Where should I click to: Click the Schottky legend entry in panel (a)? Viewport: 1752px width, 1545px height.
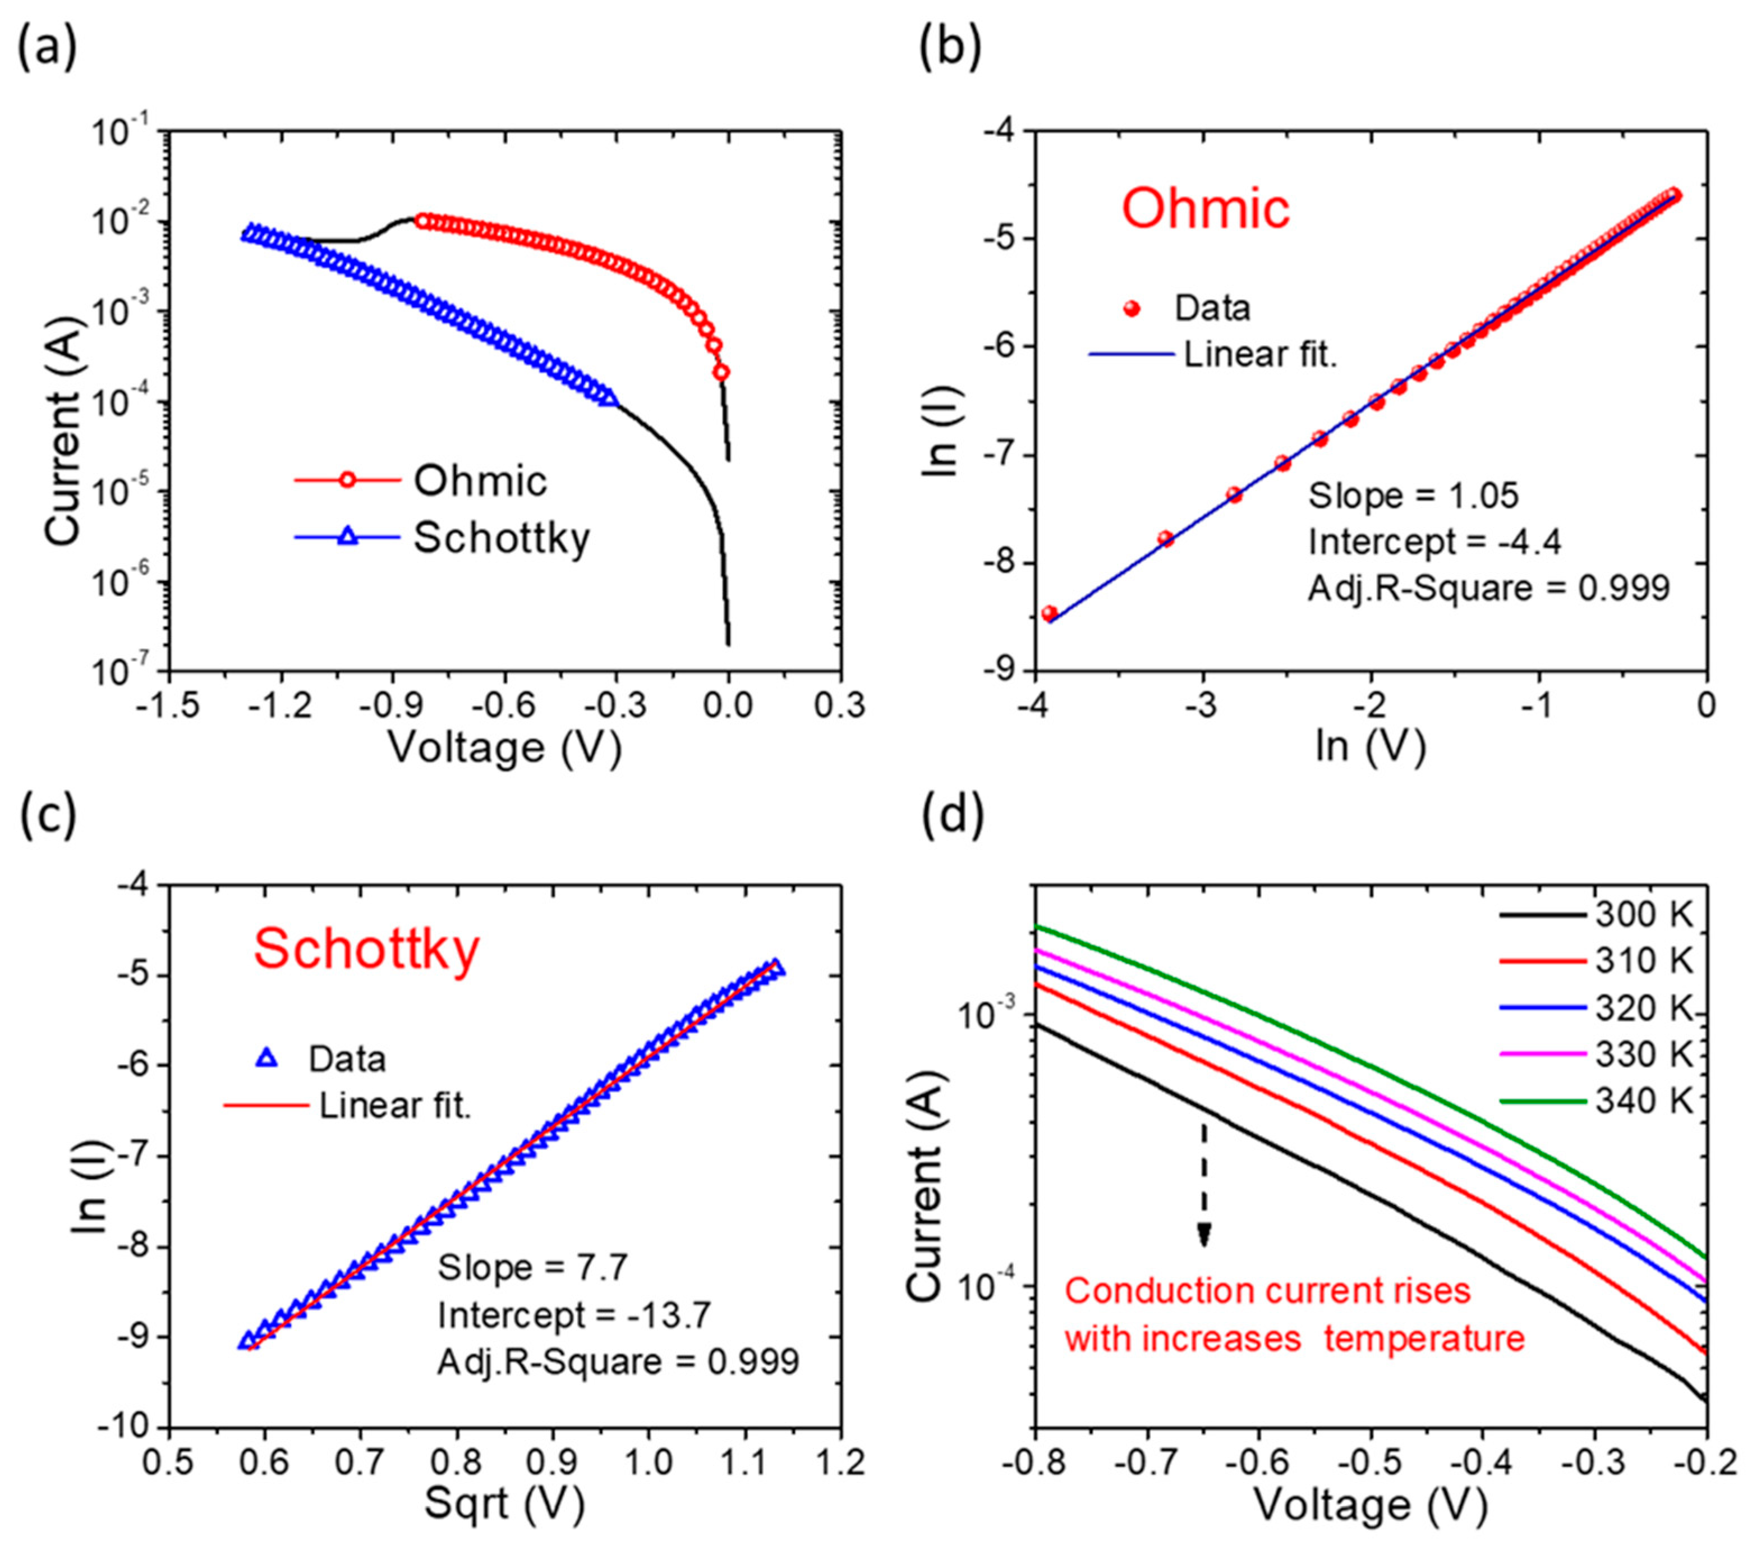point(502,538)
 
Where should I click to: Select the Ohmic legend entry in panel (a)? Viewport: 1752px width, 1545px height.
point(480,480)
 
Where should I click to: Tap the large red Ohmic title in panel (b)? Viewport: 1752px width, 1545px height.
point(1205,208)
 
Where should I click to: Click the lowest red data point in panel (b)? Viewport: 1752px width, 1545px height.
point(1049,613)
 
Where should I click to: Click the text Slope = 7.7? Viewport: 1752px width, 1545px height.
point(533,1267)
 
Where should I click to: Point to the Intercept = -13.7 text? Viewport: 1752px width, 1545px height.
point(574,1314)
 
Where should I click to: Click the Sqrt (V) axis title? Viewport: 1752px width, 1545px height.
point(504,1505)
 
